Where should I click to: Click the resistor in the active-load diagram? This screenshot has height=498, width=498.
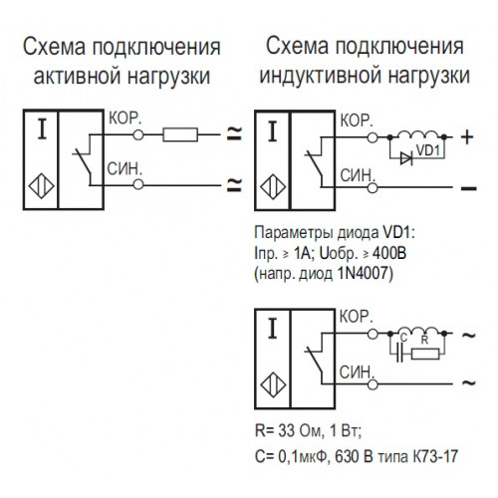180,134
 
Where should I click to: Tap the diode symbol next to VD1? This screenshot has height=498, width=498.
406,158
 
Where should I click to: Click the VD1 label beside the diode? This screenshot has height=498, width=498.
428,150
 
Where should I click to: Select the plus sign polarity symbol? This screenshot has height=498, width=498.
467,136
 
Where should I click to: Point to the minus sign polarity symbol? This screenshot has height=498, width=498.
468,188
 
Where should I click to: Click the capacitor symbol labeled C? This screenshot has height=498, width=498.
400,354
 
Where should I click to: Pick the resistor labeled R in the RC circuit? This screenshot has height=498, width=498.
425,354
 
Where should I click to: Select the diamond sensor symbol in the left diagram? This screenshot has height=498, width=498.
41,186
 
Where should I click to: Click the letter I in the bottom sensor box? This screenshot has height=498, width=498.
273,328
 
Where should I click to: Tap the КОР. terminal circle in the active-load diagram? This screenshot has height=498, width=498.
138,134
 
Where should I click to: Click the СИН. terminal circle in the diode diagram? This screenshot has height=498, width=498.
373,188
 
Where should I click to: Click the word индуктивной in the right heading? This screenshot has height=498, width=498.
321,75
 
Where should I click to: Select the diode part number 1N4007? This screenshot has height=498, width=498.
363,274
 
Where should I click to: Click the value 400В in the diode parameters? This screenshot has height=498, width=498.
389,254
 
